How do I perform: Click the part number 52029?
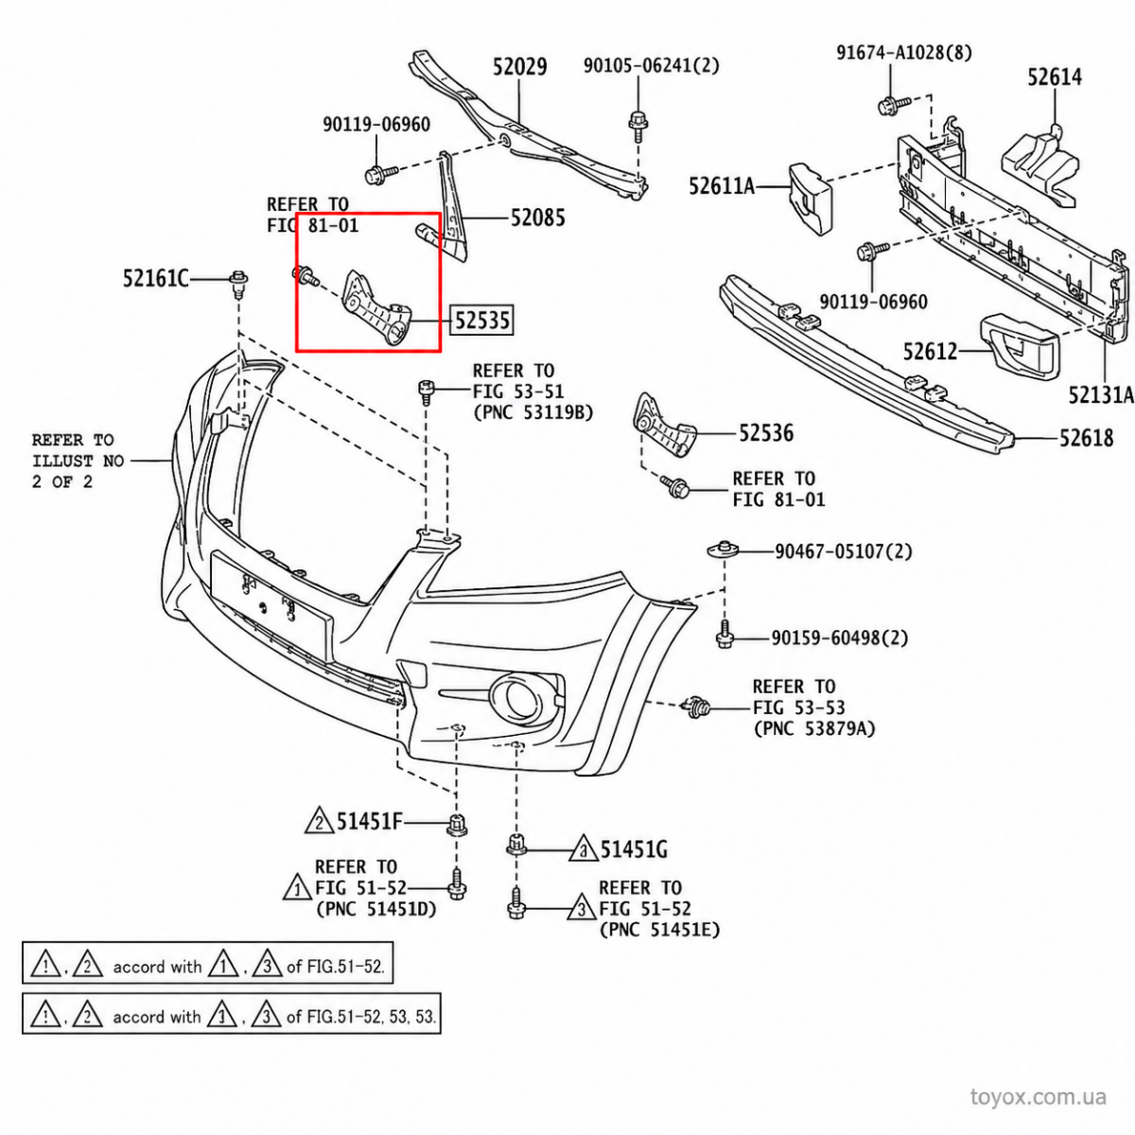coord(519,66)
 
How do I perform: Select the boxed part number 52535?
coord(481,321)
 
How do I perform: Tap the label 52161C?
coord(156,278)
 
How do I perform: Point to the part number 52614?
coord(1055,78)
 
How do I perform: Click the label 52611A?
coord(722,186)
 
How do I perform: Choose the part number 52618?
coord(1087,438)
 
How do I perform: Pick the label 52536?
coord(766,433)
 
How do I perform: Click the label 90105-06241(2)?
coord(652,65)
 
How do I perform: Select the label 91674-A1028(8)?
coord(905,52)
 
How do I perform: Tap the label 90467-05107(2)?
coord(844,551)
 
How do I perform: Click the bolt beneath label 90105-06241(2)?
coord(637,126)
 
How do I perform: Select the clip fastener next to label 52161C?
coord(238,284)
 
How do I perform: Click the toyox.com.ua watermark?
coord(1039,1097)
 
